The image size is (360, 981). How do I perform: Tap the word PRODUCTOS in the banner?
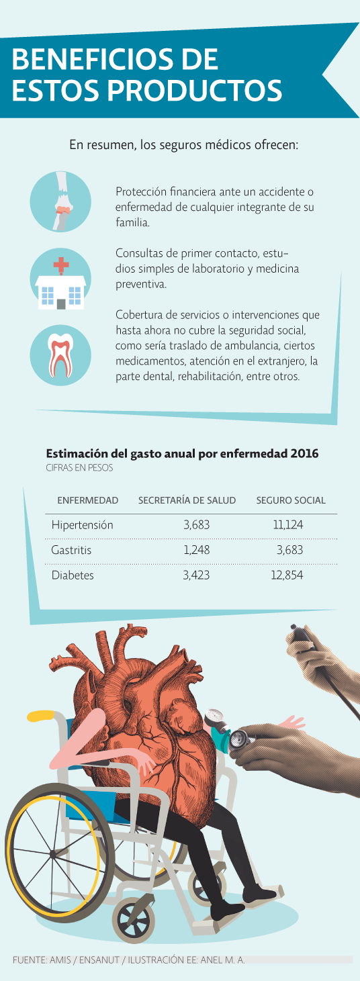[x=195, y=90]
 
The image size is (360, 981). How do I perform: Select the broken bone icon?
[x=60, y=201]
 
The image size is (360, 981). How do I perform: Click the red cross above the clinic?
[x=61, y=265]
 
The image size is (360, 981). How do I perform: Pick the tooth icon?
[x=60, y=355]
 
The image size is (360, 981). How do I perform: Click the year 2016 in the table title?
[x=304, y=453]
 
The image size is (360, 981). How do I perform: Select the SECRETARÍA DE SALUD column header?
[x=187, y=500]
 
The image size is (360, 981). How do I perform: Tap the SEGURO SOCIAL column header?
[x=291, y=500]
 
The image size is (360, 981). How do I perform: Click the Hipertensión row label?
[x=83, y=525]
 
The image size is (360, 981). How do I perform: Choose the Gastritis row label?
[x=71, y=550]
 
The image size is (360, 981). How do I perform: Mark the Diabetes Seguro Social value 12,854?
[x=287, y=575]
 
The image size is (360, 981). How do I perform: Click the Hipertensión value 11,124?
[x=287, y=524]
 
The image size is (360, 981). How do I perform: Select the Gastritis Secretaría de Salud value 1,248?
[x=197, y=550]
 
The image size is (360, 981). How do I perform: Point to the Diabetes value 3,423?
[x=196, y=575]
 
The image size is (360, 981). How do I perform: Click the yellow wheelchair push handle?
[x=41, y=716]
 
